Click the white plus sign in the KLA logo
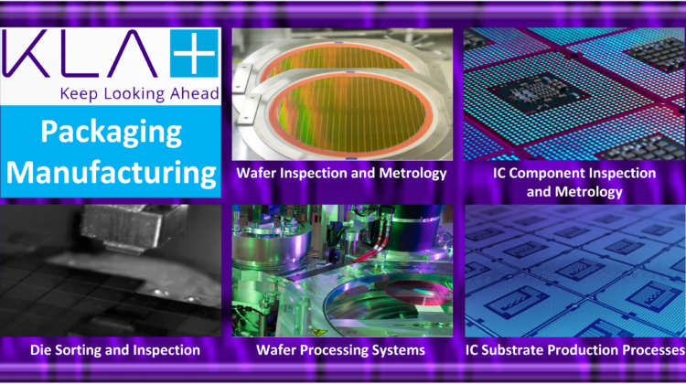[x=194, y=53]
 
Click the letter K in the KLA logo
[x=24, y=54]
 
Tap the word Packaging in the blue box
[x=111, y=133]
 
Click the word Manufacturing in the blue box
[x=111, y=174]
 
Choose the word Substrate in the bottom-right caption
[x=513, y=350]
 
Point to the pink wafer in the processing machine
[x=418, y=293]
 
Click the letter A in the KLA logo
[x=131, y=54]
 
